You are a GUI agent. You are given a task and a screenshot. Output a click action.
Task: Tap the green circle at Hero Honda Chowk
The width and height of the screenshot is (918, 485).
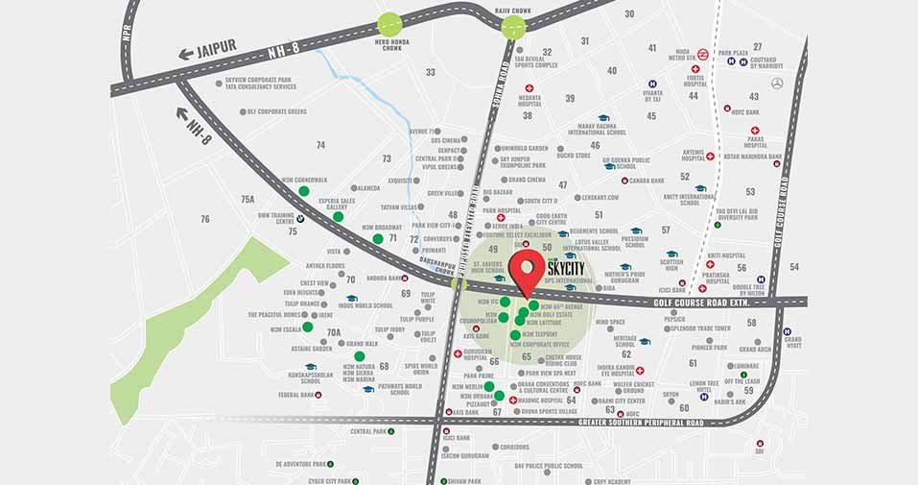point(389,26)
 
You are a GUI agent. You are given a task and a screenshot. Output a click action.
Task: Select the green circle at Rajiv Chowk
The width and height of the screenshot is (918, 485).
point(514,27)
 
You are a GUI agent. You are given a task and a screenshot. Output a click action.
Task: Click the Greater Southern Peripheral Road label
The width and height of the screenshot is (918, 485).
point(641,423)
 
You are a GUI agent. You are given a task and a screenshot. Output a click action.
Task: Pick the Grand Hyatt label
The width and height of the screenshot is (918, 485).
point(792,342)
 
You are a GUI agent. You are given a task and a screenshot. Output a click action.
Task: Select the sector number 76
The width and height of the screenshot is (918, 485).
point(204,220)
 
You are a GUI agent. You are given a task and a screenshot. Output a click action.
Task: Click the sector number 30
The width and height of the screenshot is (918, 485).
point(629,13)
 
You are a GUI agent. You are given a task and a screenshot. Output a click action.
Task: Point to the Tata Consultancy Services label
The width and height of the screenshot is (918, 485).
point(260,86)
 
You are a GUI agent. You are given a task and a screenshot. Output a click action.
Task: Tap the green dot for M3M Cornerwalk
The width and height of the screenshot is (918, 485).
point(304,191)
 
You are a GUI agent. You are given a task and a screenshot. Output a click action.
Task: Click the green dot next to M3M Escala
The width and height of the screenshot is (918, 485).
point(307,327)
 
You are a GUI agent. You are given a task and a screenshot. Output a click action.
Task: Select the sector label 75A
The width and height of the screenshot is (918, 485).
point(247,199)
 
